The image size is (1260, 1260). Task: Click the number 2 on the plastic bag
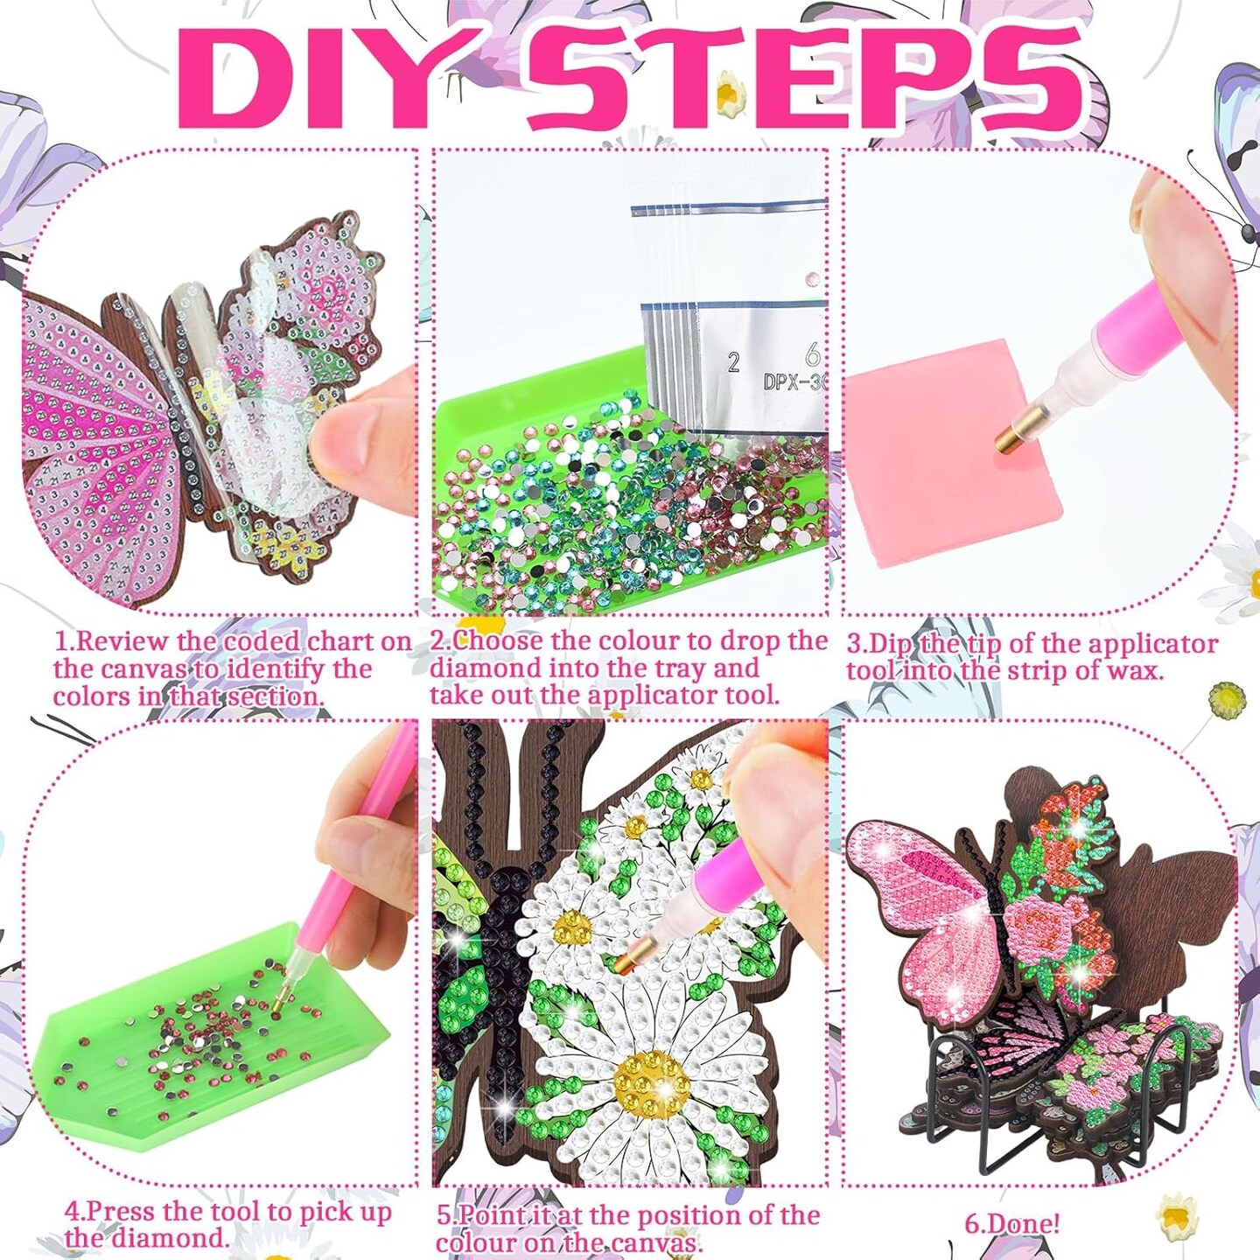click(733, 361)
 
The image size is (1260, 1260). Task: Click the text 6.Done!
click(1011, 1223)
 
